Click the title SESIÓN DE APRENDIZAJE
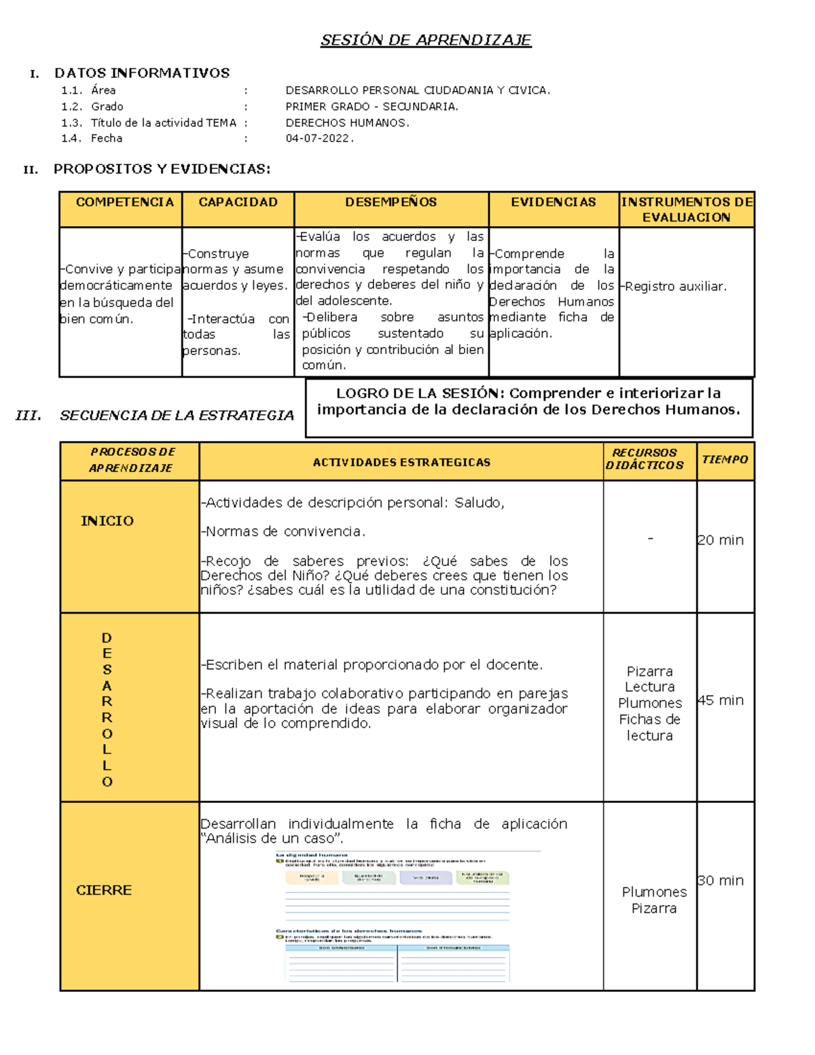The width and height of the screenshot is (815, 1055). pos(425,40)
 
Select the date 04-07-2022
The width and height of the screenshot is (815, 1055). pos(319,139)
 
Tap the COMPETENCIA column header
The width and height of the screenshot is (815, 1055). pos(124,202)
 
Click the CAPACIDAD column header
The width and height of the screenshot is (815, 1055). pos(238,202)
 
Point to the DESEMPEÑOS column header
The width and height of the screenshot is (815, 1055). pos(391,202)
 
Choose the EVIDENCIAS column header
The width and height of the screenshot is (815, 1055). pos(553,202)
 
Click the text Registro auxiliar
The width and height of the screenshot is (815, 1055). pos(675,287)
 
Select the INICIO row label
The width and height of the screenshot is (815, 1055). pos(107,521)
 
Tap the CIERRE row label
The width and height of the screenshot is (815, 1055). pos(104,890)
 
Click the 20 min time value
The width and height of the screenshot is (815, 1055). pos(721,540)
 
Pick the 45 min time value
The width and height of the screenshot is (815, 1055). pos(721,700)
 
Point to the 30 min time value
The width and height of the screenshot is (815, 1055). pos(721,880)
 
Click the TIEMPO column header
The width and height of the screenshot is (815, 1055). pos(725,460)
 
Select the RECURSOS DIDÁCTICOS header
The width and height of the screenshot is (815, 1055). pos(645,459)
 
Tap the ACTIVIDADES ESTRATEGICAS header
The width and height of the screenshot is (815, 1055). pos(401,463)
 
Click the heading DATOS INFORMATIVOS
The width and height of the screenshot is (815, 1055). pos(142,73)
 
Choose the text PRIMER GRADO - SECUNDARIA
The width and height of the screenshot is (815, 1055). pos(372,107)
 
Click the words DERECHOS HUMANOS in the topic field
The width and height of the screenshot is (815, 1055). pos(347,123)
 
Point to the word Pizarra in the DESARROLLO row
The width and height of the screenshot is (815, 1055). pos(649,671)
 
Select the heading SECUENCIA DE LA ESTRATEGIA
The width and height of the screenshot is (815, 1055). pos(177,416)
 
